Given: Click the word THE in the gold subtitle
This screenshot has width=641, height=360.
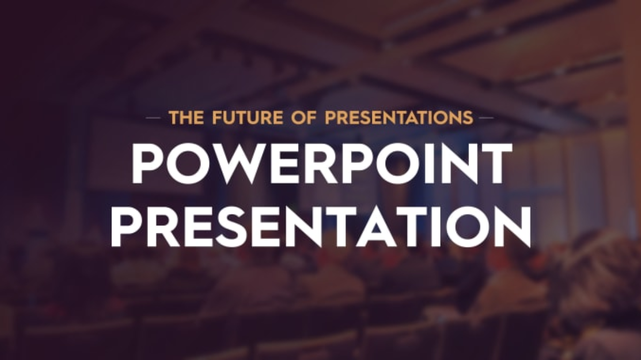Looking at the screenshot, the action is click(x=186, y=117).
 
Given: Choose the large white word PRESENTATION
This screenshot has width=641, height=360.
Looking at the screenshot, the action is click(x=321, y=226).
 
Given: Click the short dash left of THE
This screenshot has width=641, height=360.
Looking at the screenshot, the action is click(x=154, y=117).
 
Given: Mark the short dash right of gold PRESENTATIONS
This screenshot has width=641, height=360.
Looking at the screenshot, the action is click(x=486, y=117).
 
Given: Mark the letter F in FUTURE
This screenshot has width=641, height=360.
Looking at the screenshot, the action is click(x=217, y=117).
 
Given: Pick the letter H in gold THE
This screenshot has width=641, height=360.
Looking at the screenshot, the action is click(x=186, y=117).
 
